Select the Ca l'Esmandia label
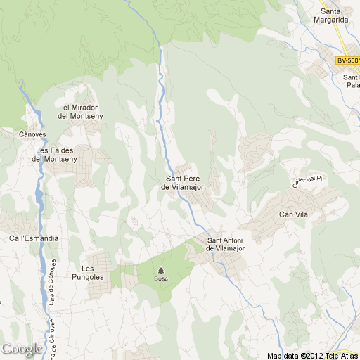(x=33, y=238)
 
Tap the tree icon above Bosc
(x=161, y=271)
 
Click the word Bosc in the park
(x=161, y=279)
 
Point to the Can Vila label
(x=294, y=214)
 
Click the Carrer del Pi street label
(x=310, y=181)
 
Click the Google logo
(x=22, y=349)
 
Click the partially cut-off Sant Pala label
(x=350, y=80)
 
